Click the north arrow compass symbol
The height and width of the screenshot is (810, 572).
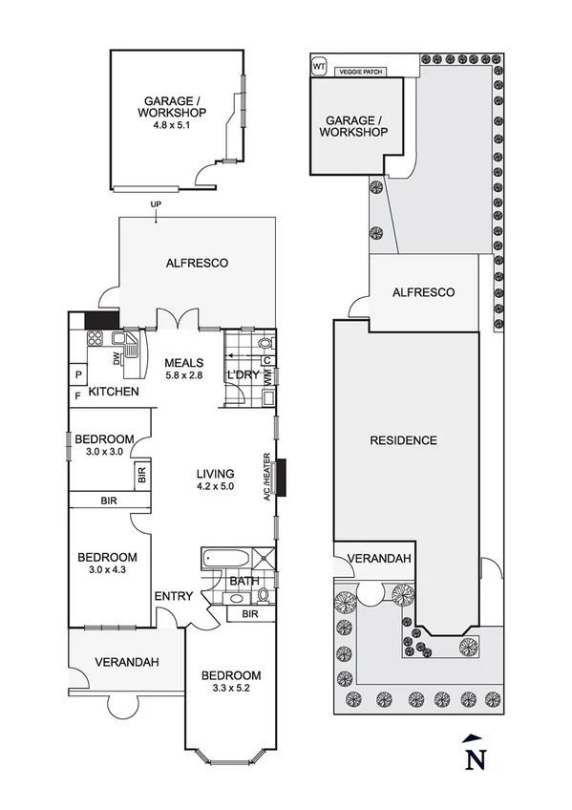point(471,754)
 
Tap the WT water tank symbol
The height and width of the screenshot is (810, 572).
point(319,67)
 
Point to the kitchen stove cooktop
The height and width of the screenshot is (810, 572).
point(95,338)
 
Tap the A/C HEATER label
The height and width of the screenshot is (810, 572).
point(270,478)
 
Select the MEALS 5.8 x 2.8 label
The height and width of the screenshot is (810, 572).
point(183,369)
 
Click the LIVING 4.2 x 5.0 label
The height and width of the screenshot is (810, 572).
point(216,480)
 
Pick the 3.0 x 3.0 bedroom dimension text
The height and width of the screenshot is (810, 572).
point(104,452)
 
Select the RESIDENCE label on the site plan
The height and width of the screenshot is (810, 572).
point(404,440)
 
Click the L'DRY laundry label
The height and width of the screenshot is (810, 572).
point(242,375)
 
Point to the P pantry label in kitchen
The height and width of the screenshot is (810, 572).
point(77,374)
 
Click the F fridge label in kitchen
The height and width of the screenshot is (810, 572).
point(77,393)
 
